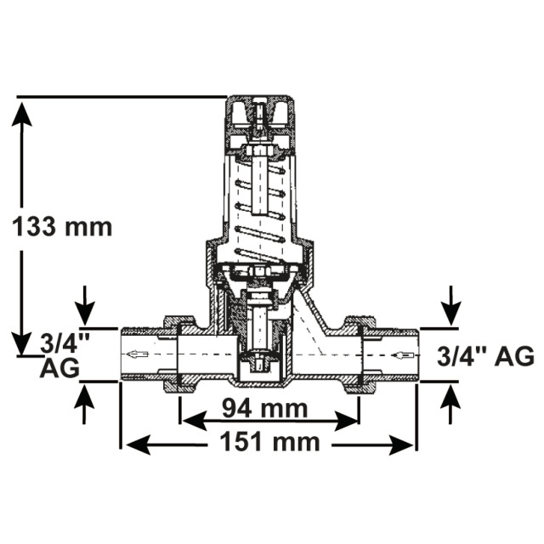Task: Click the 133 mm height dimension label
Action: (62, 227)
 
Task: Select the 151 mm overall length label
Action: (269, 442)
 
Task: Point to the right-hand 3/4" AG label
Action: (485, 356)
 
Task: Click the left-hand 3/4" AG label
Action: (60, 355)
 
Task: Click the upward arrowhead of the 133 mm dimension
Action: (21, 114)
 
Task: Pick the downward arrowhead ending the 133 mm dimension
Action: (21, 343)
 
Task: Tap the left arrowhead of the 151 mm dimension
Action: (138, 445)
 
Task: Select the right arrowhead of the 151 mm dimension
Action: (401, 445)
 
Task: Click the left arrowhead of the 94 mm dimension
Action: (195, 421)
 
